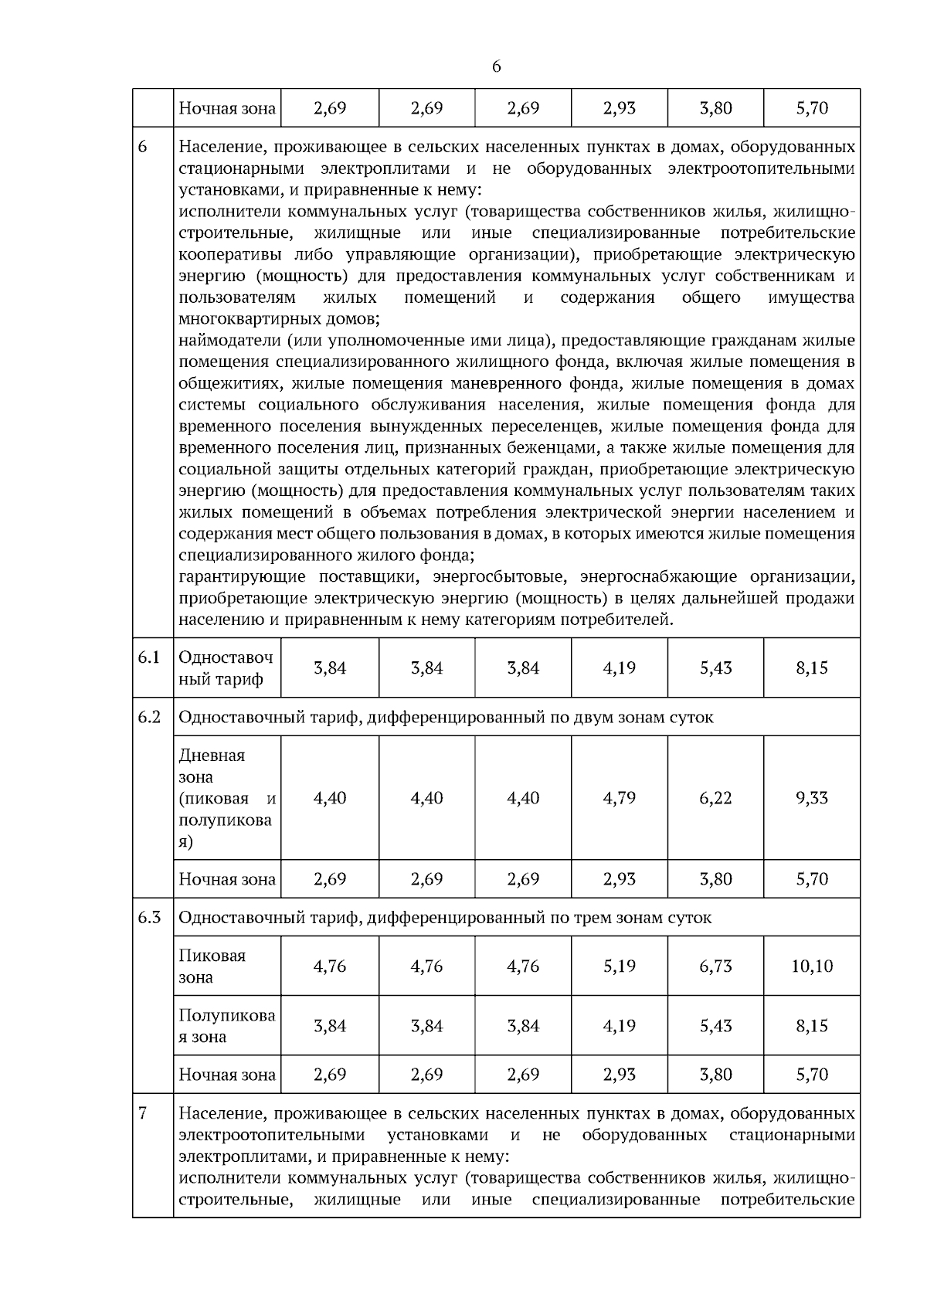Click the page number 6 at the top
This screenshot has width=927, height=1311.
[496, 67]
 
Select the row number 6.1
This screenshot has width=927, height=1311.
[149, 657]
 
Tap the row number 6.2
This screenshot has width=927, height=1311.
[149, 717]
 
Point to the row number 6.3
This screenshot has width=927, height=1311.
[149, 917]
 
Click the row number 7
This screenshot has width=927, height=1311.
[143, 1113]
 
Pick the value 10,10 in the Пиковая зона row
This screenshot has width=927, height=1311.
[812, 966]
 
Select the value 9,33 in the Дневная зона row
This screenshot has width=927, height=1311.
[812, 798]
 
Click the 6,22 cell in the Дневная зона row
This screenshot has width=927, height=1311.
[715, 798]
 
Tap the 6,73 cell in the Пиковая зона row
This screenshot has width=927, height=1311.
[715, 966]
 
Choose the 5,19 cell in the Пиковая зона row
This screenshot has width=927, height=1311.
[619, 966]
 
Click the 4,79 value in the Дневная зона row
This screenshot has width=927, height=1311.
[619, 798]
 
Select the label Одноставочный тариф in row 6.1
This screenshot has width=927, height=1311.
[226, 668]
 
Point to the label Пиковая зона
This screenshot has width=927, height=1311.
[212, 966]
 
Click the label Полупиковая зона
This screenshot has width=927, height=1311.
[226, 1026]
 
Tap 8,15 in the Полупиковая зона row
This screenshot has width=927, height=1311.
[812, 1026]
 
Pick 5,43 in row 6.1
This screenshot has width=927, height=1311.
[715, 668]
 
